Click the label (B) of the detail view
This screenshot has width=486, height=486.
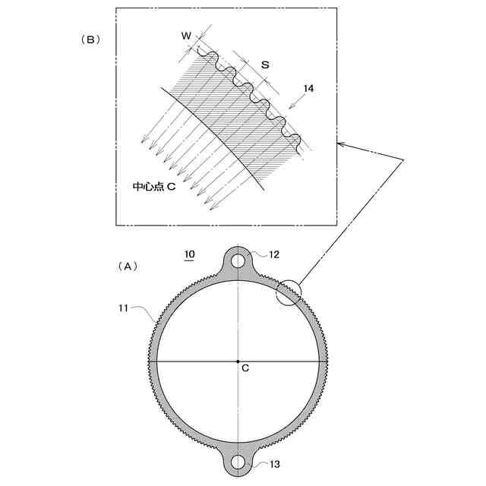(91, 40)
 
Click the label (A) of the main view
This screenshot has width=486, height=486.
(128, 267)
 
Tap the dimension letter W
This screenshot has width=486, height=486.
(186, 36)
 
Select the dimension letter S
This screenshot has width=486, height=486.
(264, 65)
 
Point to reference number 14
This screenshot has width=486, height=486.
(308, 89)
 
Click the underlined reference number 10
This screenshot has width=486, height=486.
(190, 254)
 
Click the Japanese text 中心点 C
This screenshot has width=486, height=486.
(155, 186)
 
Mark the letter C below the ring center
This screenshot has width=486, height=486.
(245, 368)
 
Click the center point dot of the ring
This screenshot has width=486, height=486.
(238, 361)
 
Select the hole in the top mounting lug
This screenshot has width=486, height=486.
(238, 260)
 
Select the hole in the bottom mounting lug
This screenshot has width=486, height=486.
(238, 461)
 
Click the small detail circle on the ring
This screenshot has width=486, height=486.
(288, 292)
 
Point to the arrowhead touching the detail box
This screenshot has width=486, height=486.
(340, 143)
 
